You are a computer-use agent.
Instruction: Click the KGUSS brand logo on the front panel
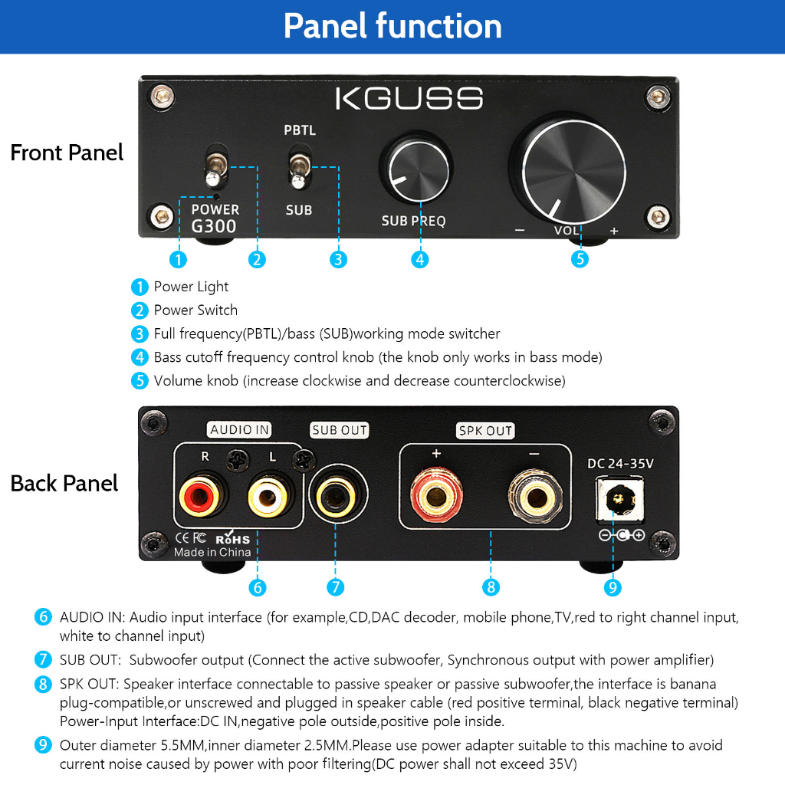(x=409, y=98)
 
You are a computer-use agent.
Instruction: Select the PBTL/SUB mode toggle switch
(x=300, y=169)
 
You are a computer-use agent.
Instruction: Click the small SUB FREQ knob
(x=419, y=170)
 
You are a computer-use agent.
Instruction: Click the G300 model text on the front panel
(x=214, y=226)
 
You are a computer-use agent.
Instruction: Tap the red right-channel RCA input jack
(x=200, y=497)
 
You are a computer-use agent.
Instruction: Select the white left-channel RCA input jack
(x=268, y=497)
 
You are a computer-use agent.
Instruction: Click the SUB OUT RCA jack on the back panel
(x=337, y=496)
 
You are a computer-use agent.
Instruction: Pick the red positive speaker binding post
(x=436, y=497)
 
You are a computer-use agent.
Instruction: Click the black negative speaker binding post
(x=536, y=498)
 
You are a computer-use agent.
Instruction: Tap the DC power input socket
(x=619, y=498)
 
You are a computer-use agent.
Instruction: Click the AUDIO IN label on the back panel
(x=239, y=429)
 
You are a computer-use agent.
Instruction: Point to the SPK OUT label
(x=485, y=431)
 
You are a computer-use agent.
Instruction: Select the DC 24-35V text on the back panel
(x=620, y=464)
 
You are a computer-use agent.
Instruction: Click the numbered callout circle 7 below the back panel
(x=336, y=586)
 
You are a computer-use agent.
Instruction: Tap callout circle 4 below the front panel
(x=419, y=259)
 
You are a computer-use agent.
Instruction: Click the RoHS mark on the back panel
(x=233, y=537)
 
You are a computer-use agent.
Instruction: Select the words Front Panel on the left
(x=67, y=153)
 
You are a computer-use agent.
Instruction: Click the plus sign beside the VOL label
(x=614, y=231)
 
